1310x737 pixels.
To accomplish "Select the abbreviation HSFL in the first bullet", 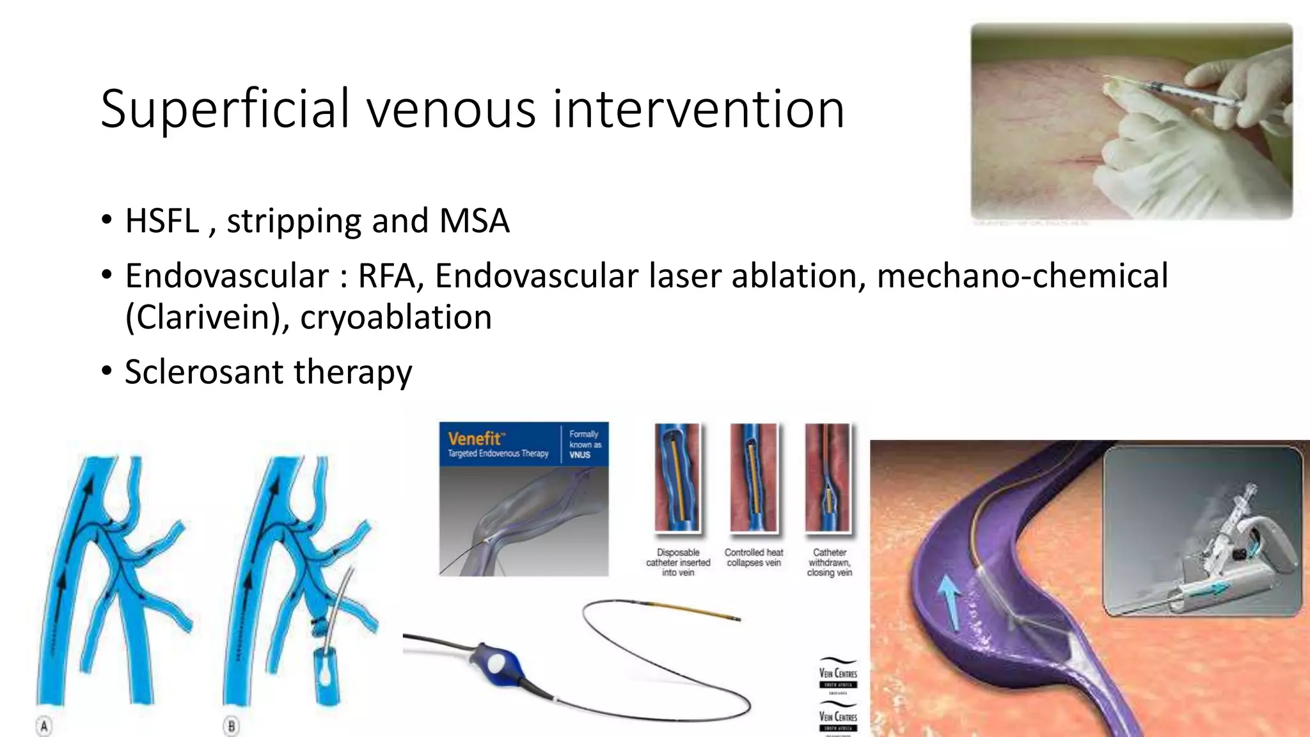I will (x=162, y=221).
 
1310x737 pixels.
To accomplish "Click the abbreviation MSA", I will (x=474, y=221).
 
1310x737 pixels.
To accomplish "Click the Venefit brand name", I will (x=475, y=439).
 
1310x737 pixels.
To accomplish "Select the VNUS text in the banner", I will (x=580, y=455).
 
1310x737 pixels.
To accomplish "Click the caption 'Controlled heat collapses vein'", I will (x=754, y=557).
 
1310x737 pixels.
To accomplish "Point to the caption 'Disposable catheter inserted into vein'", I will (x=678, y=562).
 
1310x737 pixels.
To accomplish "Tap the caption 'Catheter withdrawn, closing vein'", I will (x=829, y=562).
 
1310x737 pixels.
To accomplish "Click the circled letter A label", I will (x=43, y=726).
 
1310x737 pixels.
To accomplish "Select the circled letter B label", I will (x=231, y=726).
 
